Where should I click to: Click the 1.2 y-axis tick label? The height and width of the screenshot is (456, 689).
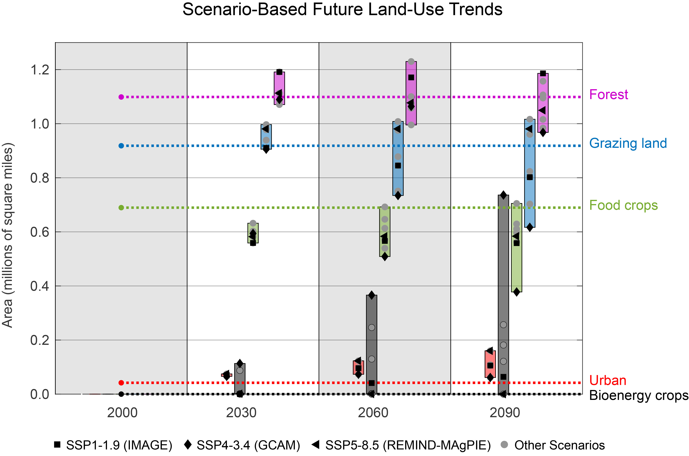coord(40,70)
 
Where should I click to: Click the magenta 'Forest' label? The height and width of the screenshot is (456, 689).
coord(609,95)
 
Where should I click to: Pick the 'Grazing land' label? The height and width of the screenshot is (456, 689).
coord(628,143)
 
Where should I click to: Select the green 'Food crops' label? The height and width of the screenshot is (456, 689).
coord(623,205)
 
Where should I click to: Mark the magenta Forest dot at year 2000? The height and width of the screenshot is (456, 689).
coord(121,97)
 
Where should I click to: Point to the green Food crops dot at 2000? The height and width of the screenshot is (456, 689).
coord(121,208)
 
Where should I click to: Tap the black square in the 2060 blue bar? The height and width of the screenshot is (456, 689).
coord(398,165)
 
